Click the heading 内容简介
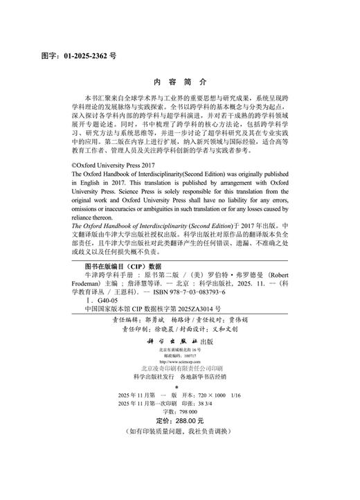click(x=180, y=81)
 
